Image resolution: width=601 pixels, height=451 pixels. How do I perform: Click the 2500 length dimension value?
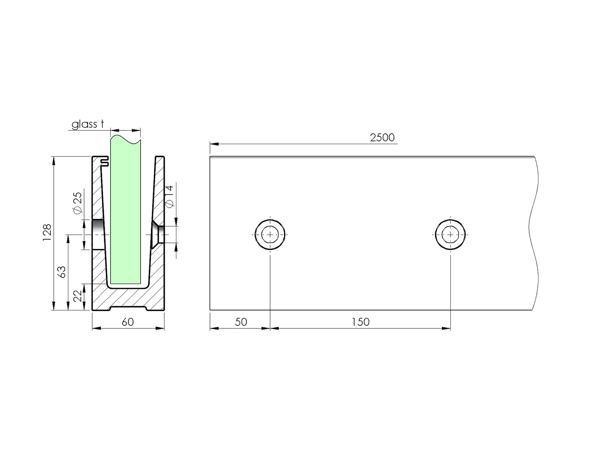click(382, 138)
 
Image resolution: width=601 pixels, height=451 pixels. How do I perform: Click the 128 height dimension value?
click(47, 232)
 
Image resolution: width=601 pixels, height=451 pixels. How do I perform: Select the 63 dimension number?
click(62, 272)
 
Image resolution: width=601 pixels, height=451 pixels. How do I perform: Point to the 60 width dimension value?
click(128, 322)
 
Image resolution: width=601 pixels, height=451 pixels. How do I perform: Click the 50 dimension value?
click(241, 322)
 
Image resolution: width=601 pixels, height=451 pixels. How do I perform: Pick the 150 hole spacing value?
click(360, 322)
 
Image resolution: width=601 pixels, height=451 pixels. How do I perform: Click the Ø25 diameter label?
click(78, 203)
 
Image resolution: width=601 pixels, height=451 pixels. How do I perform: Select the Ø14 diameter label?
click(170, 196)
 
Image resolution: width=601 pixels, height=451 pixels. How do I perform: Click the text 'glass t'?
click(88, 124)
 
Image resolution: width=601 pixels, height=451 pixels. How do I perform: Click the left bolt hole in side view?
click(270, 235)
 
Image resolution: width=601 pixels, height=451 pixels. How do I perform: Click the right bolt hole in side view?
click(450, 235)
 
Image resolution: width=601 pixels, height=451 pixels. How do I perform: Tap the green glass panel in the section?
click(125, 215)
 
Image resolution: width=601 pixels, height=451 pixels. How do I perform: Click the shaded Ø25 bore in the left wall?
click(99, 234)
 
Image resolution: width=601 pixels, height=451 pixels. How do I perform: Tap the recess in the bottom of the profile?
click(128, 308)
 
